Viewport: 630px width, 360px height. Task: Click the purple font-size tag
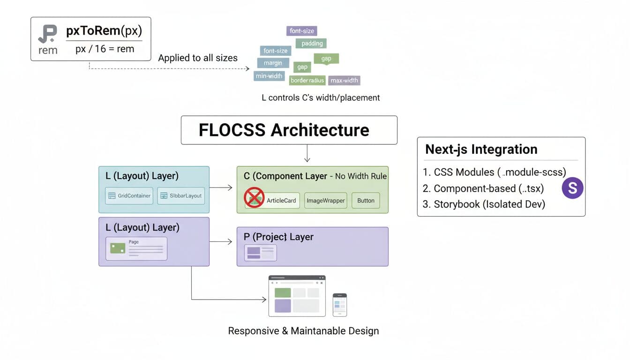(301, 31)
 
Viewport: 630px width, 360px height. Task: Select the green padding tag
(311, 44)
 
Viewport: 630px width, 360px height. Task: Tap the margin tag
(273, 63)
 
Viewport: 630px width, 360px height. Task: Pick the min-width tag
(269, 75)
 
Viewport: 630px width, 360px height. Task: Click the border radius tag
(307, 80)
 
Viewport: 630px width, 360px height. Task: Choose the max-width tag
(344, 80)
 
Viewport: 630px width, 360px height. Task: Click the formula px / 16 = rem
(105, 49)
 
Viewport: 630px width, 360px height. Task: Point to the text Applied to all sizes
(197, 58)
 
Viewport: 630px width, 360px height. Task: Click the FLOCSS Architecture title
(284, 130)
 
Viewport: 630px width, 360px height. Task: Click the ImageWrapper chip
(325, 201)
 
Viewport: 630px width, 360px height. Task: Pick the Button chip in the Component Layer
(366, 201)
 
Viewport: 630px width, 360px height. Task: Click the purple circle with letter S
(572, 188)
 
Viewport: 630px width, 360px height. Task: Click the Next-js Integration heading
(481, 149)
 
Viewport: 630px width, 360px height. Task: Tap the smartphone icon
(339, 305)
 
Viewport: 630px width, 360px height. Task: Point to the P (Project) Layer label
(278, 237)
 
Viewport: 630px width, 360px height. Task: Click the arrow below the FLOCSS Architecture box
(307, 153)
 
